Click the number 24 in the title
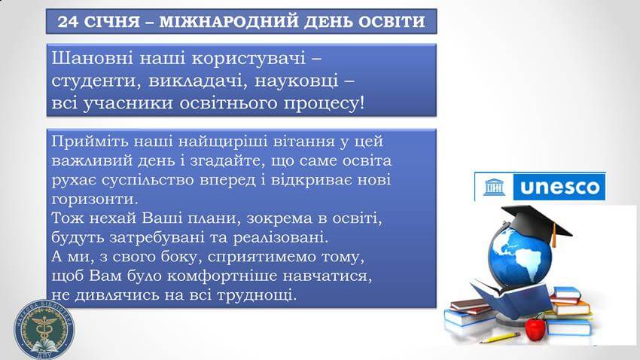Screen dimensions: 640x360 point(68,22)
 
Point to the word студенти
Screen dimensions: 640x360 point(95,81)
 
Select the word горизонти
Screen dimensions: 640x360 point(95,200)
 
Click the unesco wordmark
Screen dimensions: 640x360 point(560,188)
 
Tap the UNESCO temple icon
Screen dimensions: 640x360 point(493,187)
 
